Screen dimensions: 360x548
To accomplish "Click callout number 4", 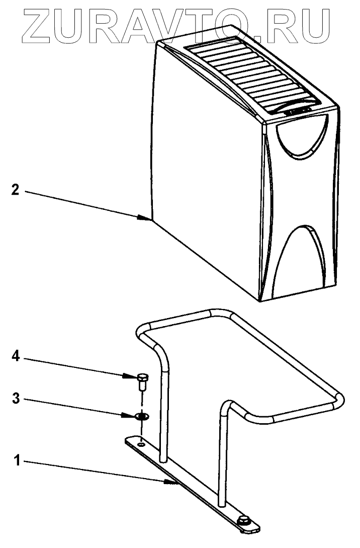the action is (x=16, y=358).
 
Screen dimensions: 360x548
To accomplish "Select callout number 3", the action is (x=16, y=399).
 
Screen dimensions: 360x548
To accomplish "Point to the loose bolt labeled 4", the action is (x=142, y=380).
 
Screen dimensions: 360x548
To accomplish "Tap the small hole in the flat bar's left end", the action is (x=142, y=445).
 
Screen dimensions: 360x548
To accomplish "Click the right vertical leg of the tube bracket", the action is (x=223, y=453).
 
